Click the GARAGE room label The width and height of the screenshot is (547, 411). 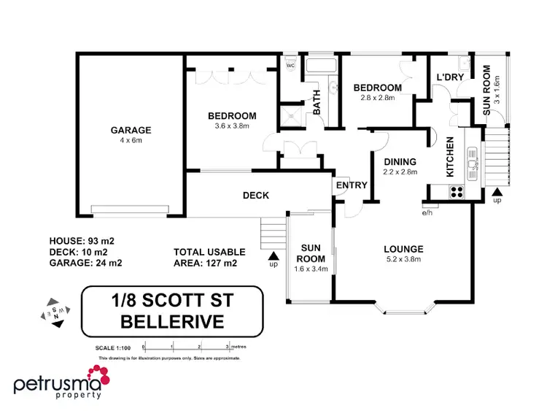point(131,131)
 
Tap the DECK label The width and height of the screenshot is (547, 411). point(256,195)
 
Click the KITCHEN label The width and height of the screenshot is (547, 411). point(450,158)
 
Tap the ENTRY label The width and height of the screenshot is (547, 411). point(352,185)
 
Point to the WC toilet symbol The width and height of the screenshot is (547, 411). point(290,64)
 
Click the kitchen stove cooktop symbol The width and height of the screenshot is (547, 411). point(457,192)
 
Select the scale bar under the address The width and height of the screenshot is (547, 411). point(187,347)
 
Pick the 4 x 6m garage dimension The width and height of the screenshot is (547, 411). point(131,141)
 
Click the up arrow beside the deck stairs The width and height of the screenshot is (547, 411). point(274,256)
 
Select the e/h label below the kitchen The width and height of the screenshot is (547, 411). point(427,213)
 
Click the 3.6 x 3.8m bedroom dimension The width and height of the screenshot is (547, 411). point(232,126)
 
